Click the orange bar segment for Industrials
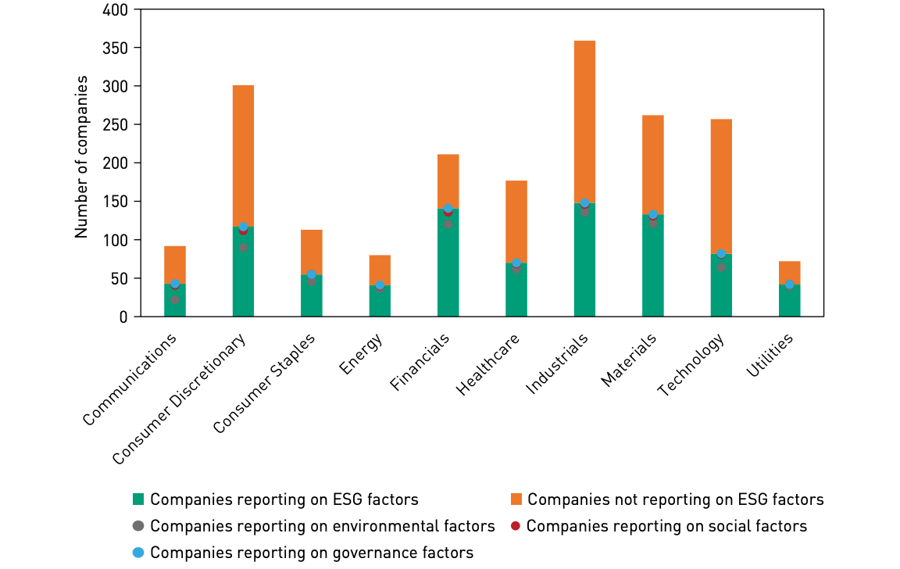point(584,121)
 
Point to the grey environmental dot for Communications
point(175,299)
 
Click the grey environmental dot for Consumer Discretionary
point(243,248)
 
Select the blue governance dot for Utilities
point(789,284)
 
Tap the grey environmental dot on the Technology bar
point(721,267)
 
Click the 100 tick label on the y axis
point(116,240)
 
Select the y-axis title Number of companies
point(81,157)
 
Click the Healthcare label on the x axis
point(491,365)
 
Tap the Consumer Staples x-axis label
point(266,383)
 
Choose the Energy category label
point(362,353)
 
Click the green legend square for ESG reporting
point(138,499)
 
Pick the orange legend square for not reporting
point(516,499)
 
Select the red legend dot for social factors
point(515,526)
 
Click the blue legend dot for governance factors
point(138,553)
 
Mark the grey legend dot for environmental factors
point(138,526)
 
